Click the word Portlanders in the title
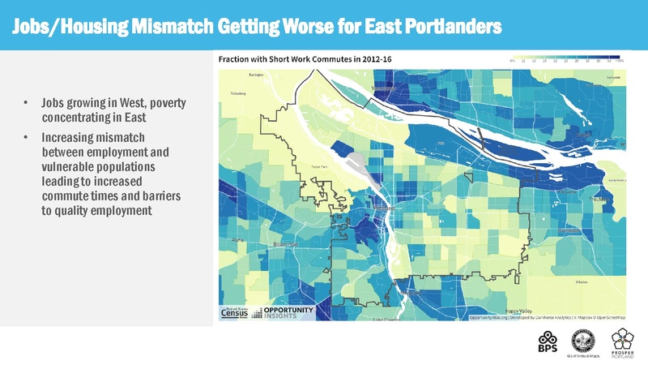point(449,26)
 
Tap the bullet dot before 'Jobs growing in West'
point(27,104)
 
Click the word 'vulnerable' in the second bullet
point(70,165)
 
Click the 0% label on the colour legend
point(513,60)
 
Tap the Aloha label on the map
point(237,240)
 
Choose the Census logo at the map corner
point(232,313)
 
